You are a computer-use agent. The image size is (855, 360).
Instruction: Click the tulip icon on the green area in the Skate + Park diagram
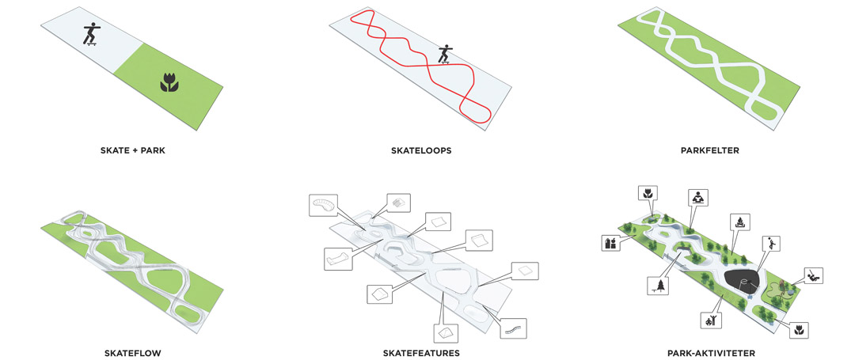click(x=169, y=83)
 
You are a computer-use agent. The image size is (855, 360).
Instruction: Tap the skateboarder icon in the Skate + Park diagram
click(x=91, y=34)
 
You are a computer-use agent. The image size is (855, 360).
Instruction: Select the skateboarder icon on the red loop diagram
click(x=446, y=54)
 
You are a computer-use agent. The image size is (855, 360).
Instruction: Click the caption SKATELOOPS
click(x=420, y=150)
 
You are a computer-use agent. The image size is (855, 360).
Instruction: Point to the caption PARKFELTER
click(x=709, y=150)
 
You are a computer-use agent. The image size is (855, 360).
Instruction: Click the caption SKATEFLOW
click(x=132, y=353)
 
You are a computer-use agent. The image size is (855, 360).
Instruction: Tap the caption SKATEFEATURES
click(x=420, y=353)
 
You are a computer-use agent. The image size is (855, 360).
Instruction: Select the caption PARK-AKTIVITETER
click(x=711, y=353)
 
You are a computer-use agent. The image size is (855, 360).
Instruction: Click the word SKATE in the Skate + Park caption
click(x=113, y=150)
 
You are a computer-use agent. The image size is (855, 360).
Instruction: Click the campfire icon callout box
click(x=740, y=222)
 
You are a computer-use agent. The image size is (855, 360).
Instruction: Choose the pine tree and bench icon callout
click(x=659, y=286)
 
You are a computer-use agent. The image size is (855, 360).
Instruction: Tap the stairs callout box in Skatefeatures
click(x=398, y=203)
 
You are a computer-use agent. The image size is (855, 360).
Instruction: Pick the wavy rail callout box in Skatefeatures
click(x=513, y=328)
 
